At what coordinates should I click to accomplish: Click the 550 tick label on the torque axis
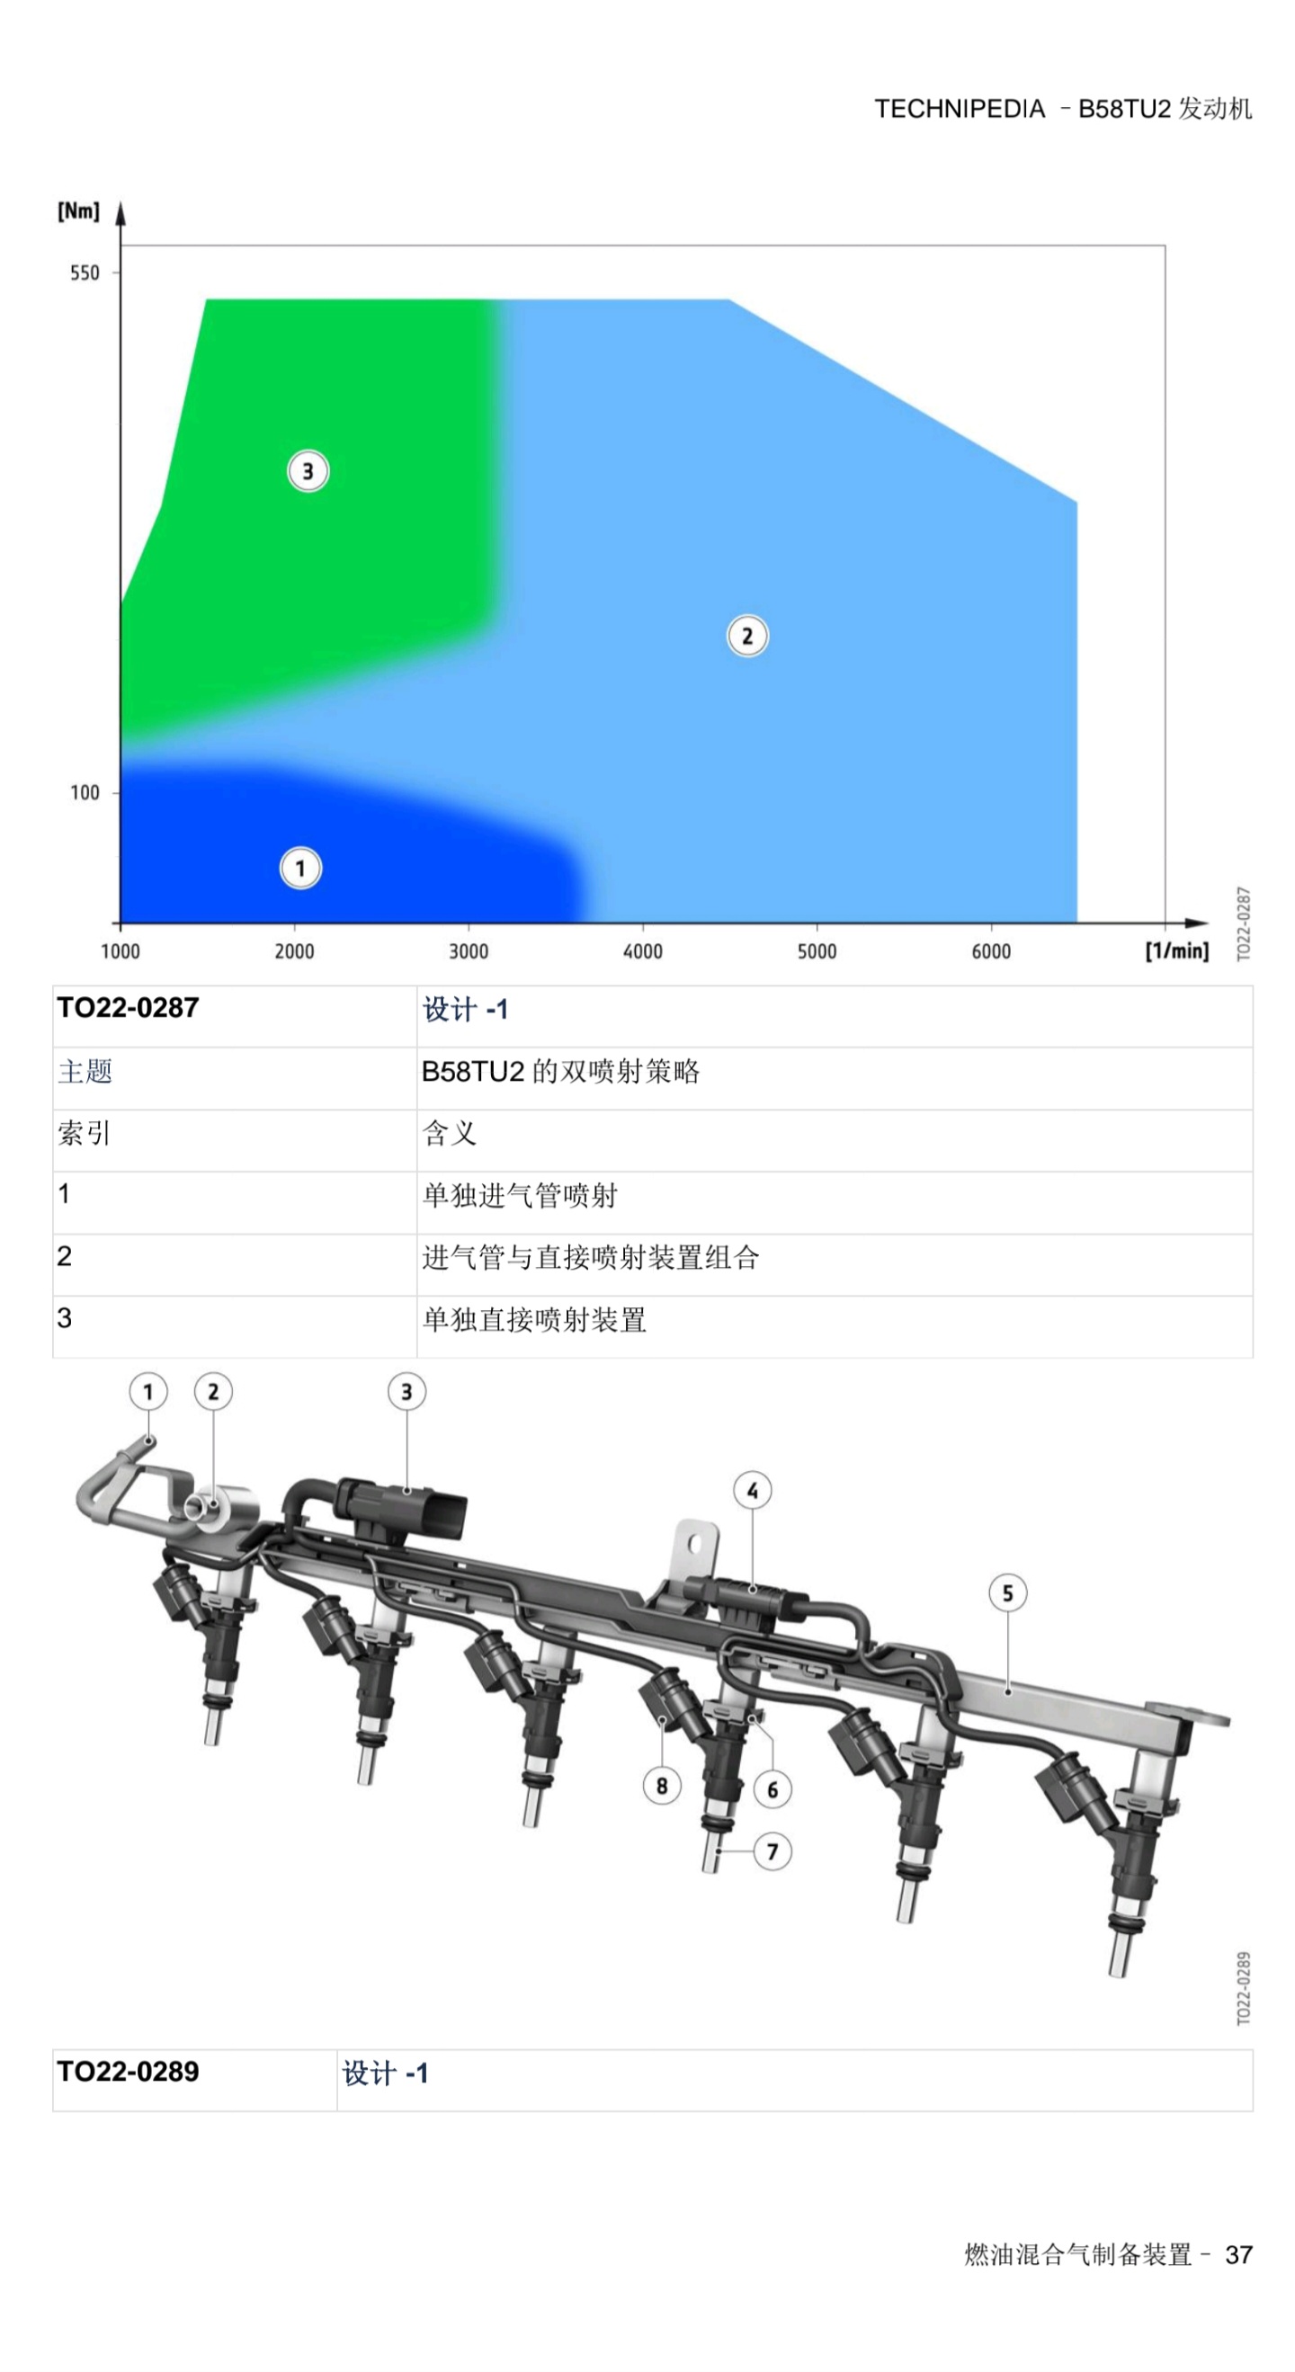[x=84, y=272]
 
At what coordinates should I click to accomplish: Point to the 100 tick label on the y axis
[x=84, y=792]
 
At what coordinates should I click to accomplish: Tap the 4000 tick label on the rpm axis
[x=643, y=951]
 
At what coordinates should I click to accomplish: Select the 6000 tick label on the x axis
[x=991, y=951]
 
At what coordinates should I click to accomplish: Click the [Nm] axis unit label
[x=78, y=211]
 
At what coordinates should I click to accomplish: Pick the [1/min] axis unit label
[x=1177, y=950]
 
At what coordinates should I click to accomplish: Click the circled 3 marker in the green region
[x=308, y=471]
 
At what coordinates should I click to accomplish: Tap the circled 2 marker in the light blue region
[x=747, y=637]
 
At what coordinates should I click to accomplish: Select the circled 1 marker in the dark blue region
[x=300, y=869]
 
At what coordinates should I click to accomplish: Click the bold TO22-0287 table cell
[x=128, y=1007]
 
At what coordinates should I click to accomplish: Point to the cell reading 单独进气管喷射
[x=520, y=1195]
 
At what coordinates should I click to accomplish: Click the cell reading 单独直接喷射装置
[x=534, y=1319]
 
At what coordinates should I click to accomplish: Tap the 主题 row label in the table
[x=85, y=1071]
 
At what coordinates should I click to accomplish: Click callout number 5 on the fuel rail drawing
[x=1007, y=1593]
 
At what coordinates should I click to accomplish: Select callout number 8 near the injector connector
[x=661, y=1787]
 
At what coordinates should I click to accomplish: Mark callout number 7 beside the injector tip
[x=772, y=1851]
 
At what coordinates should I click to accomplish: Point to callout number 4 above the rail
[x=753, y=1491]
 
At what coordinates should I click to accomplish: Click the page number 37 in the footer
[x=1239, y=2254]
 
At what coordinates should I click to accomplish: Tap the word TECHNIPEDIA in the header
[x=960, y=109]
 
